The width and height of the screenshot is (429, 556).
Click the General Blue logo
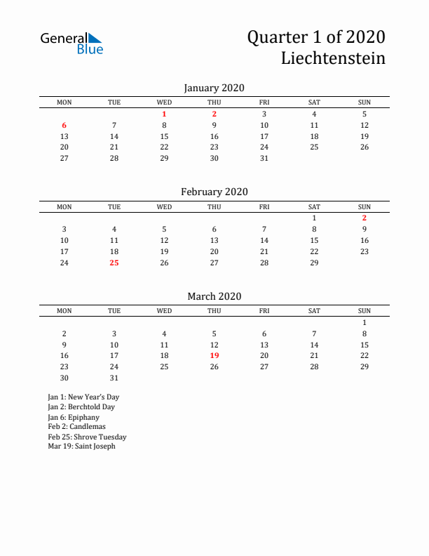click(71, 43)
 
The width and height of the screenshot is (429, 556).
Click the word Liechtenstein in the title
click(333, 58)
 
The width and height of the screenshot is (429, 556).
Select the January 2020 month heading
click(214, 88)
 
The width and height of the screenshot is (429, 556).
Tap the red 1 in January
click(164, 114)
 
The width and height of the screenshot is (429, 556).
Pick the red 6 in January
click(64, 125)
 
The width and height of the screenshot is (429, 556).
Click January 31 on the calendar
click(264, 158)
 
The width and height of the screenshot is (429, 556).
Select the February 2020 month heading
click(214, 192)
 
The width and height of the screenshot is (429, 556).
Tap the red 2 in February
click(365, 218)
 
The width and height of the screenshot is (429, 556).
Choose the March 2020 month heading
click(214, 296)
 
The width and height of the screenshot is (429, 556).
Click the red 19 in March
click(214, 355)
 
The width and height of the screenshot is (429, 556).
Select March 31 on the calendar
click(114, 378)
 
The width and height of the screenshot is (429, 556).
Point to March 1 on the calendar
click(365, 322)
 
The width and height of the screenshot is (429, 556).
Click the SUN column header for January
click(365, 102)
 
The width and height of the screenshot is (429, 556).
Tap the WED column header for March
click(164, 311)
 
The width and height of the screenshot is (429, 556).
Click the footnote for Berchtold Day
click(81, 406)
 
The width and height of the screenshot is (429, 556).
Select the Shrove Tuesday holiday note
click(87, 437)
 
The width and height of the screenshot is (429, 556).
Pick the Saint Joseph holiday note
click(81, 446)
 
